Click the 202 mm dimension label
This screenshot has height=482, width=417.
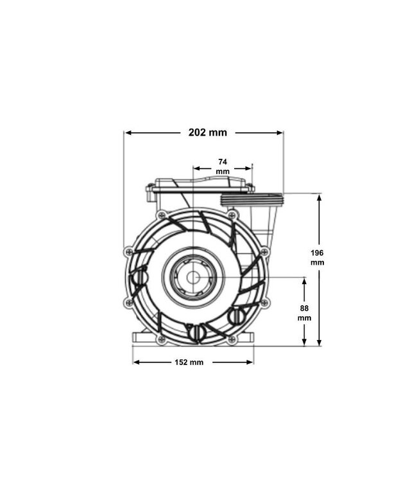pos(208,132)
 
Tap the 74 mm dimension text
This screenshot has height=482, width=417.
pos(223,166)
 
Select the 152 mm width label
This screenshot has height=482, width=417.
pos(189,362)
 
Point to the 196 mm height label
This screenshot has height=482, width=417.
pos(318,258)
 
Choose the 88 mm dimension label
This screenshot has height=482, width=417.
pos(304,313)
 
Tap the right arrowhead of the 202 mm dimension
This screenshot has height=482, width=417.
pos(279,133)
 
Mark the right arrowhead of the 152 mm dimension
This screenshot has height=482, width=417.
pos(250,362)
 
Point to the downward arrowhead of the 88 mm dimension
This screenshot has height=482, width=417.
pos(304,342)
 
